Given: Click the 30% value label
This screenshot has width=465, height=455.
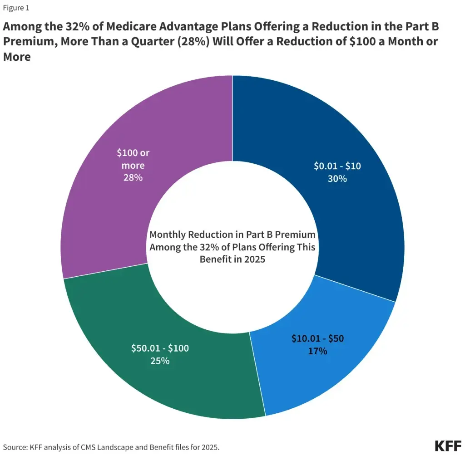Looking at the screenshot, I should point(337,179).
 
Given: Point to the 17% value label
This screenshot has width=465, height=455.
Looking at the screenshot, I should point(317,351).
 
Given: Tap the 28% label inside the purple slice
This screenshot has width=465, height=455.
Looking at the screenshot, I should point(133,177).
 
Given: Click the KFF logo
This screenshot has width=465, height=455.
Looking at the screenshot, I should point(447,445).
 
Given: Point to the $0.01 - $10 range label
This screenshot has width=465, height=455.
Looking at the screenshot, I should point(337,166).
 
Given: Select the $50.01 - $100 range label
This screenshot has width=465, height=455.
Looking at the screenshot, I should point(160,348).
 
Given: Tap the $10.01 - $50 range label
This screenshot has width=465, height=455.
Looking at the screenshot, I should point(317,339).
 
